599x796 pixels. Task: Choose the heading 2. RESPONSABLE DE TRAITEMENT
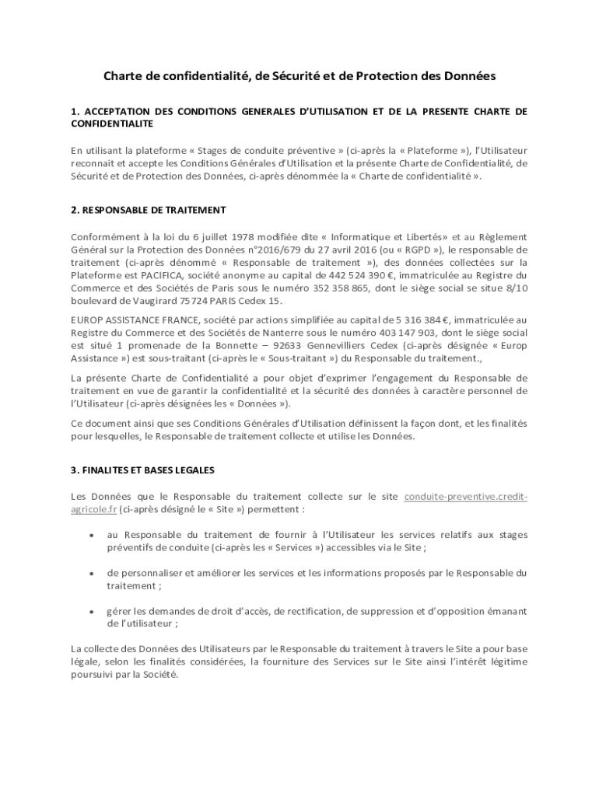click(x=148, y=210)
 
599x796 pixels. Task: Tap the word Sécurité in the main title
click(x=273, y=76)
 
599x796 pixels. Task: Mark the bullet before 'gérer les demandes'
click(x=93, y=611)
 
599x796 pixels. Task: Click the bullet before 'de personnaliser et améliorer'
click(x=93, y=573)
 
